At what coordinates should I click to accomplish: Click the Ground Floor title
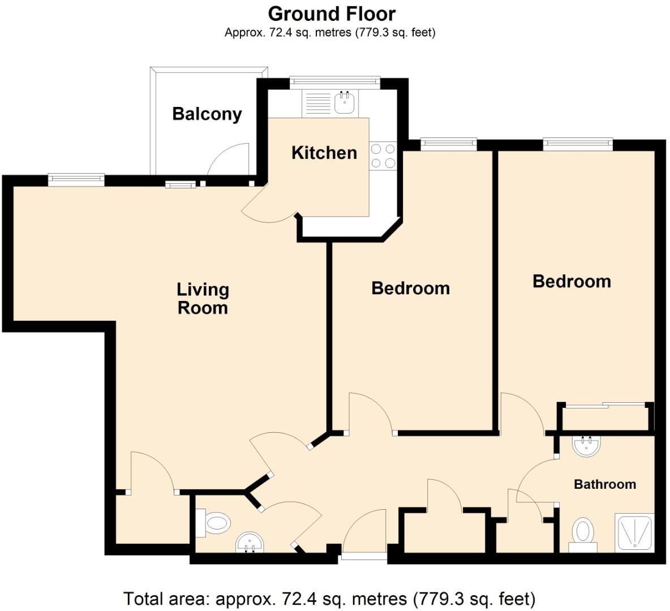[x=332, y=13]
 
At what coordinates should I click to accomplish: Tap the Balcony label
[x=207, y=114]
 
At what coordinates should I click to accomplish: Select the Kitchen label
[x=324, y=152]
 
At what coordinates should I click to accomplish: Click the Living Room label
[x=203, y=298]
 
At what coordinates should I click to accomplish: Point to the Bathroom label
[x=604, y=484]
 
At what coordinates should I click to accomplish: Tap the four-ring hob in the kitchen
[x=383, y=156]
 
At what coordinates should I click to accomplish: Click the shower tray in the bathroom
[x=635, y=532]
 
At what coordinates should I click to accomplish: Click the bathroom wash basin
[x=586, y=446]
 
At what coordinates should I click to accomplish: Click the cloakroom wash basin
[x=250, y=543]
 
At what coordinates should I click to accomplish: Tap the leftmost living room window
[x=76, y=179]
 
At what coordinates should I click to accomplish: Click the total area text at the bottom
[x=329, y=598]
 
